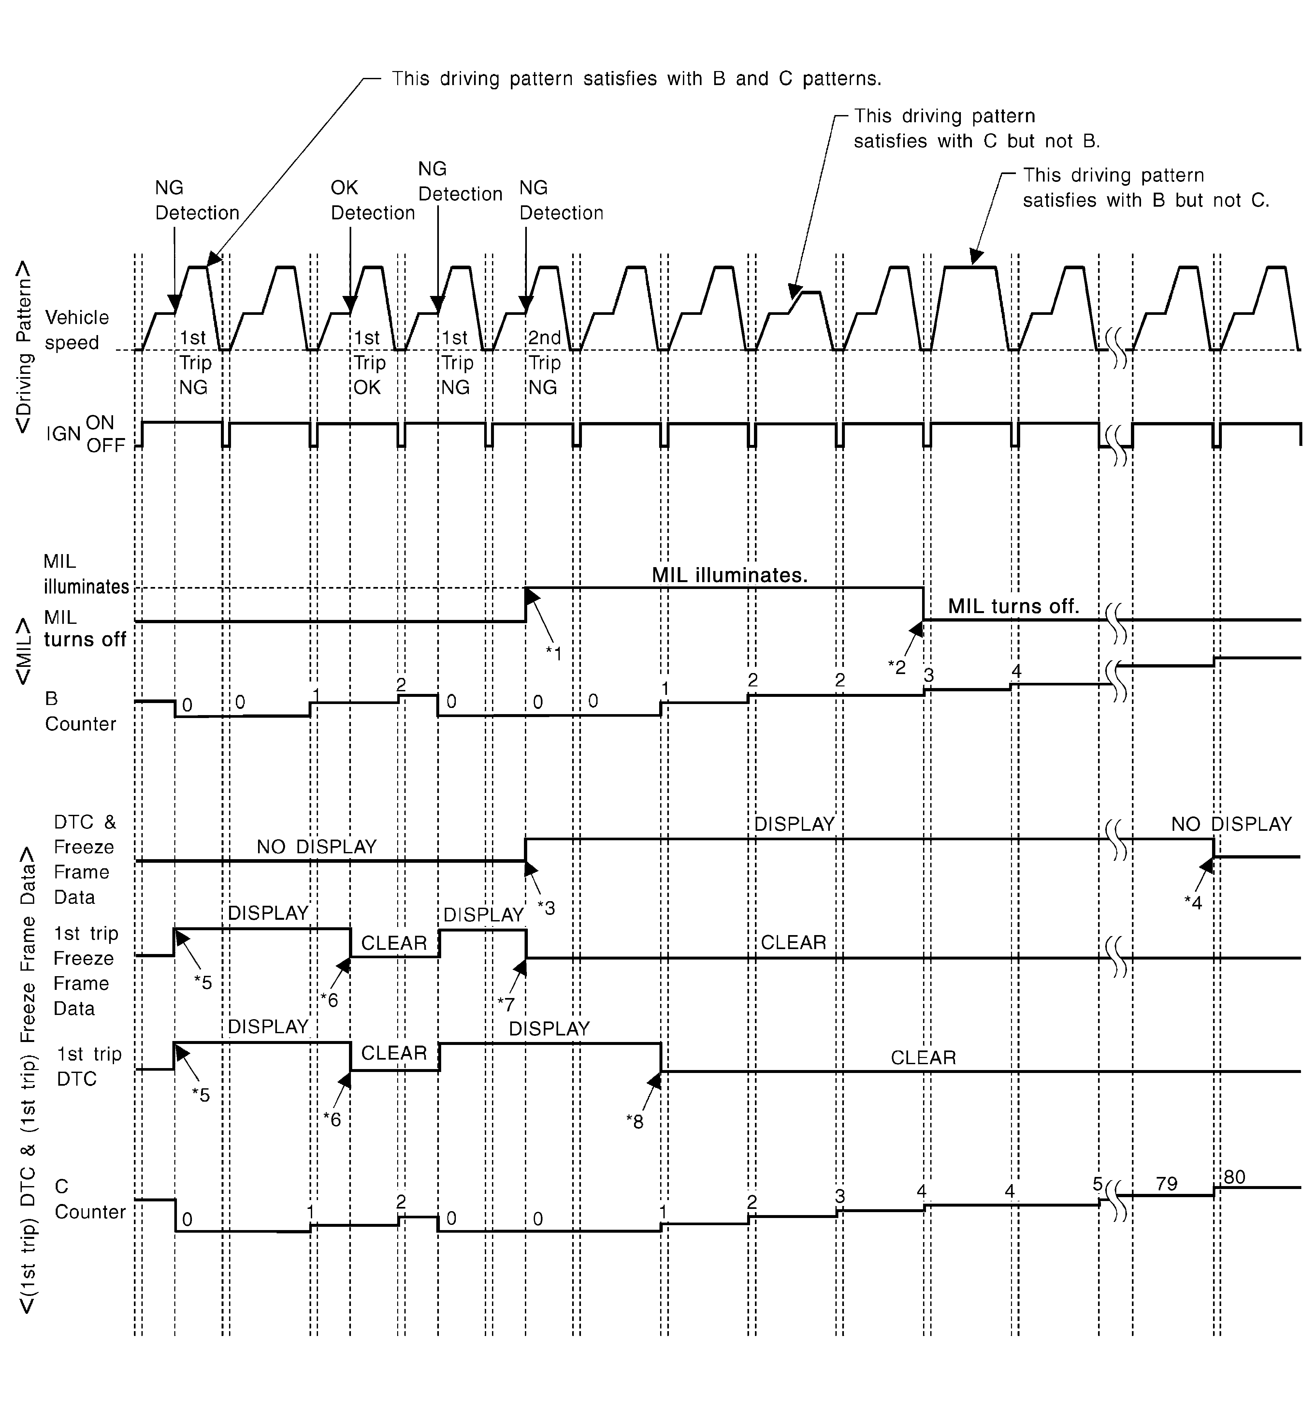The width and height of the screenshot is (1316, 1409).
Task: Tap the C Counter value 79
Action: pos(1166,1183)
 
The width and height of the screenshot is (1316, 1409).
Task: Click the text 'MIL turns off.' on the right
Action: pos(1013,606)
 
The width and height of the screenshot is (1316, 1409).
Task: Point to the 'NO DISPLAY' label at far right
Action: pos(1231,824)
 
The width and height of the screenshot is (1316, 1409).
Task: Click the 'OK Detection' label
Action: pos(372,200)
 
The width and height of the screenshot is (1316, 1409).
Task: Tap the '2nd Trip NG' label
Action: pos(544,362)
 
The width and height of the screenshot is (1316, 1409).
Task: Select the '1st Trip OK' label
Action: pos(369,362)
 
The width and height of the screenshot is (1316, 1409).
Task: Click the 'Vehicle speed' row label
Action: pos(77,330)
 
